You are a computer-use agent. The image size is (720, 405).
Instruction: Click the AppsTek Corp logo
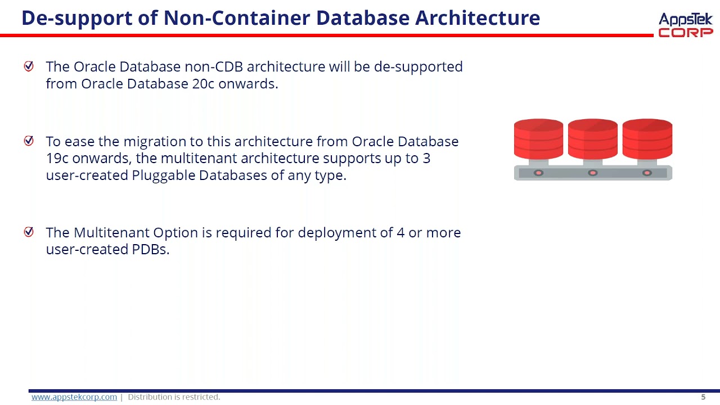tap(685, 25)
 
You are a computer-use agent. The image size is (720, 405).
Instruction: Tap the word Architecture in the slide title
tap(478, 19)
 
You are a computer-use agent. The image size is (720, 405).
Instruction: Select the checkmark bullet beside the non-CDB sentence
tap(29, 66)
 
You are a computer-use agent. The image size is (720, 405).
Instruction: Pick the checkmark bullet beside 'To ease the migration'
tap(29, 141)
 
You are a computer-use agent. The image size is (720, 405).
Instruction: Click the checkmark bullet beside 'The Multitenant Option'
tap(29, 232)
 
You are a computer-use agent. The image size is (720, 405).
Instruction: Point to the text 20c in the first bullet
tap(192, 84)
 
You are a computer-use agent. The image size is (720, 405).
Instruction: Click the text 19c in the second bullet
tap(57, 158)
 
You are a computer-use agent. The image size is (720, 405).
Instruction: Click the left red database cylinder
tap(538, 139)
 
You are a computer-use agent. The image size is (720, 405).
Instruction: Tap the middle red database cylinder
tap(592, 139)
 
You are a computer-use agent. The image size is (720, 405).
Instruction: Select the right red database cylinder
tap(647, 139)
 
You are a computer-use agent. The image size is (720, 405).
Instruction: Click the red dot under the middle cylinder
tap(592, 173)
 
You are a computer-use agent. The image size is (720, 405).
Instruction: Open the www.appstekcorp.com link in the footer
tap(74, 397)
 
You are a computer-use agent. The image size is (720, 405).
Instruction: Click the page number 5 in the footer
tap(703, 397)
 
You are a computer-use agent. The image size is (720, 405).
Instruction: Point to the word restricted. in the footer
tap(201, 397)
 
